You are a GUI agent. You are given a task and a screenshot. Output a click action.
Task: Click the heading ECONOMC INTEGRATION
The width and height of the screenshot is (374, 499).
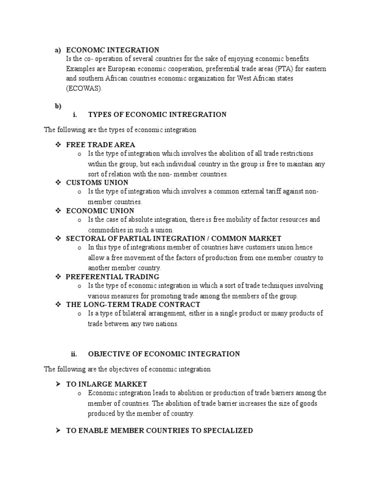point(112,50)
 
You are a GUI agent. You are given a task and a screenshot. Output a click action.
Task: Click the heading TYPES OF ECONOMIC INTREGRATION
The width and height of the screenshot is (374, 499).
point(157,115)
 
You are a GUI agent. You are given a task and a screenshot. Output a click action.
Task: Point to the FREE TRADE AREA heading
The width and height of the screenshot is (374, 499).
point(100,145)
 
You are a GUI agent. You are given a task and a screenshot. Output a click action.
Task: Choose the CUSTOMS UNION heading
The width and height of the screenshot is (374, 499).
point(97,182)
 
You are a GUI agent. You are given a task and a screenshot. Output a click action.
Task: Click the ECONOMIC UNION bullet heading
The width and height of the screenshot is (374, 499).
point(100,211)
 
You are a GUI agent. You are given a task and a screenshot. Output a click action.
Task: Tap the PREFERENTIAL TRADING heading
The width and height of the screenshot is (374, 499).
point(112,276)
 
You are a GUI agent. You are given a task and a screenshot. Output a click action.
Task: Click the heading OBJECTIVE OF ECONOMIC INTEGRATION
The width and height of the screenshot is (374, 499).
point(164,354)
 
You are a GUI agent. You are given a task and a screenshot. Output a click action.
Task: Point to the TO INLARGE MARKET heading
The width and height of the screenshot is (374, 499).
point(107,384)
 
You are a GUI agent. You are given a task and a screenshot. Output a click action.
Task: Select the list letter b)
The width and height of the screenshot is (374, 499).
point(57,106)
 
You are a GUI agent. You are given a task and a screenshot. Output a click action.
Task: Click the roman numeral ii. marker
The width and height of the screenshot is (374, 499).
point(74,354)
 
